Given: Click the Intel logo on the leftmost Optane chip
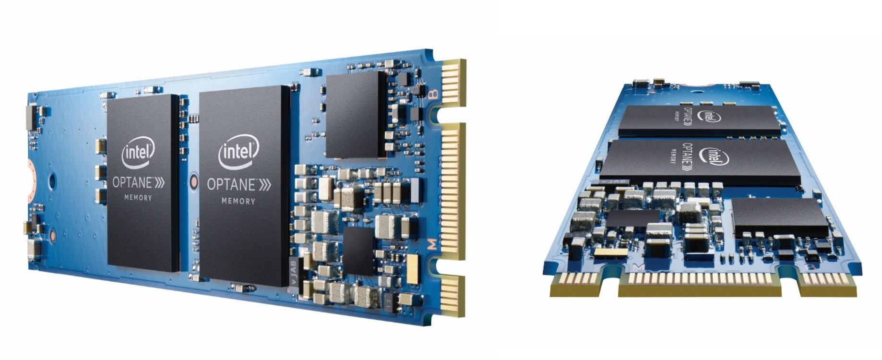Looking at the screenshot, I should [138, 153].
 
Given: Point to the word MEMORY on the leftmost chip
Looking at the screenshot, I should [138, 197].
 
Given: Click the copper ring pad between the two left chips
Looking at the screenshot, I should [194, 181].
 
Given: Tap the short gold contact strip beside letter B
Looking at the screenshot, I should [454, 84].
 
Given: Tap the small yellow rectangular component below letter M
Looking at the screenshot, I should [413, 268].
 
